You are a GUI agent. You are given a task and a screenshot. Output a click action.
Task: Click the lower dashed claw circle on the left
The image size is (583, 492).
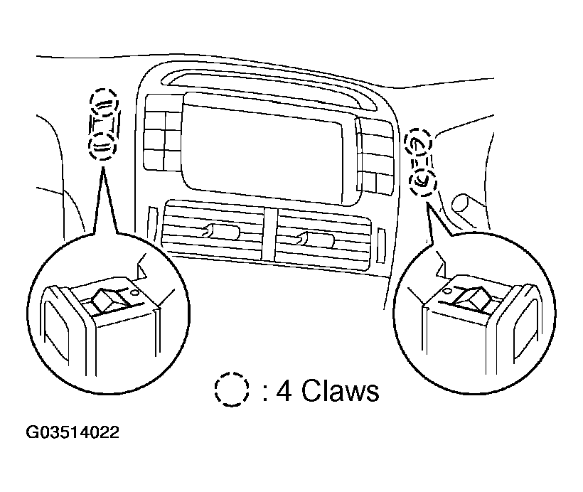[x=104, y=146]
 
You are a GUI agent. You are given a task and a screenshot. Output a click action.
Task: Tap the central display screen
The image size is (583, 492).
[x=267, y=146]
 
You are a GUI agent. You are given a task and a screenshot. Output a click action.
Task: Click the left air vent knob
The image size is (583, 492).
[x=213, y=230]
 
